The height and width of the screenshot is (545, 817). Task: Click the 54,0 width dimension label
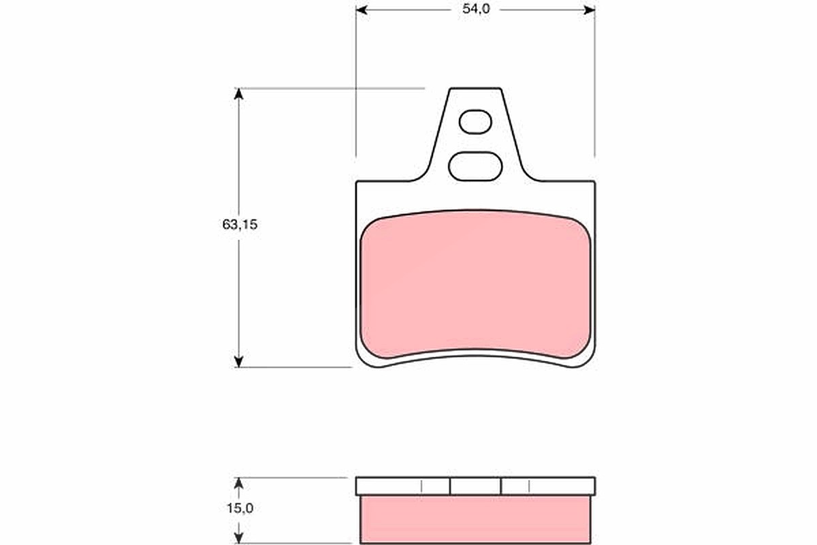[x=476, y=9]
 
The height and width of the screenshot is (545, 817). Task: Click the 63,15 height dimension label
[x=240, y=225]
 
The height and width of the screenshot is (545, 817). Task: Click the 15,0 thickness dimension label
[x=240, y=508]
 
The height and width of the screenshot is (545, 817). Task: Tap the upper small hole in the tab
[x=475, y=122]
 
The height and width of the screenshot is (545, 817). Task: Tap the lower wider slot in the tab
[x=475, y=166]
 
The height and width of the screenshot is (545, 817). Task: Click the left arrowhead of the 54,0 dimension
[x=362, y=10]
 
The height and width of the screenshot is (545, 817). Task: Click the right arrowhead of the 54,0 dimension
[x=590, y=10]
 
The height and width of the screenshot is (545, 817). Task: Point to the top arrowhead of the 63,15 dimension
[x=238, y=94]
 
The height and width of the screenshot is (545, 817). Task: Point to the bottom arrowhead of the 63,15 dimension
[x=238, y=361]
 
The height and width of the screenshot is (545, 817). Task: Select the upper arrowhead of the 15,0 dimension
[x=238, y=483]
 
